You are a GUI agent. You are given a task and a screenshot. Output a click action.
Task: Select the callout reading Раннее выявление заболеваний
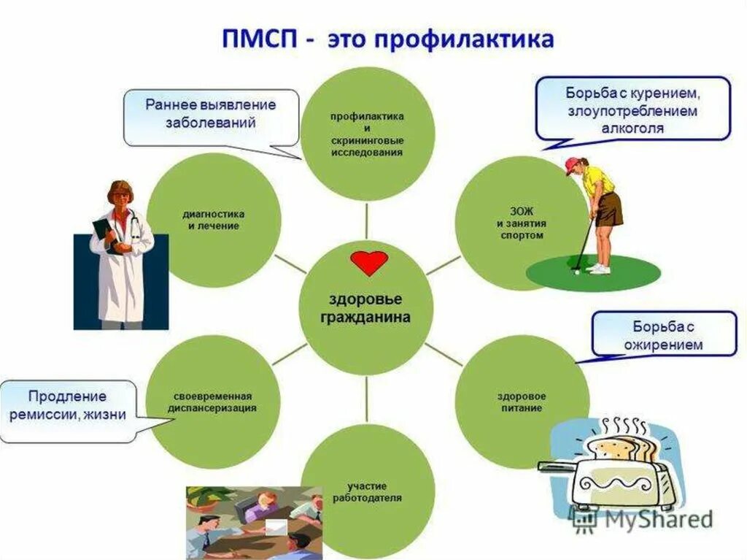click(x=211, y=115)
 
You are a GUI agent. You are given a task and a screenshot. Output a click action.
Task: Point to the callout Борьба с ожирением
click(x=664, y=334)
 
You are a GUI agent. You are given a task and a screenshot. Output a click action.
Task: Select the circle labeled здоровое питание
click(x=522, y=402)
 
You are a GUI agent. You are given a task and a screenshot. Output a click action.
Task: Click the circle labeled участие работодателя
click(x=368, y=491)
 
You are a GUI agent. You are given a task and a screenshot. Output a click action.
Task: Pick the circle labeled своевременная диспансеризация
click(x=213, y=402)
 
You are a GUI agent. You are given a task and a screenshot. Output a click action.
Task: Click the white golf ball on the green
click(x=576, y=272)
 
